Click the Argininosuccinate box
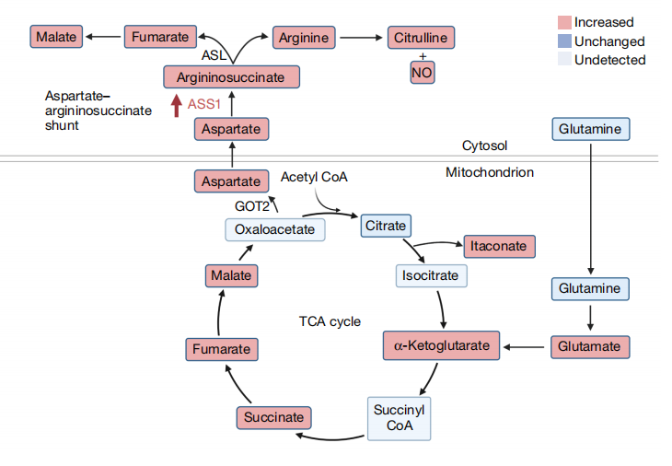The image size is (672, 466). (231, 77)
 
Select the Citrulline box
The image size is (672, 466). (421, 38)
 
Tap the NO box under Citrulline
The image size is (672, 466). (423, 73)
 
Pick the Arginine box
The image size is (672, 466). (304, 38)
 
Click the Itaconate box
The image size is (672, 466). (499, 247)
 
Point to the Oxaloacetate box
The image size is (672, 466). (275, 230)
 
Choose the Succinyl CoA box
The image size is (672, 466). (399, 418)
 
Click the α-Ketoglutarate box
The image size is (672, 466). (442, 345)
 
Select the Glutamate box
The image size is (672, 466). (590, 347)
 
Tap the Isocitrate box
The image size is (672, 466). (431, 275)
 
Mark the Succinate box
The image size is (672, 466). (273, 417)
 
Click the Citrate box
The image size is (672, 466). (386, 226)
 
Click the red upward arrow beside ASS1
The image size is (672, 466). (176, 106)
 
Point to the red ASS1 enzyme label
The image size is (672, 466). (204, 104)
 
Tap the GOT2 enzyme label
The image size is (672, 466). (252, 206)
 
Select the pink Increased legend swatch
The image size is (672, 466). (564, 22)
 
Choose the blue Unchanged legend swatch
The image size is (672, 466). (564, 41)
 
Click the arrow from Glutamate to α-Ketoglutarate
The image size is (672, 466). (524, 347)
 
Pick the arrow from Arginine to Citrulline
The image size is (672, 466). (361, 38)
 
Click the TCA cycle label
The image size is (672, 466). (330, 321)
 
